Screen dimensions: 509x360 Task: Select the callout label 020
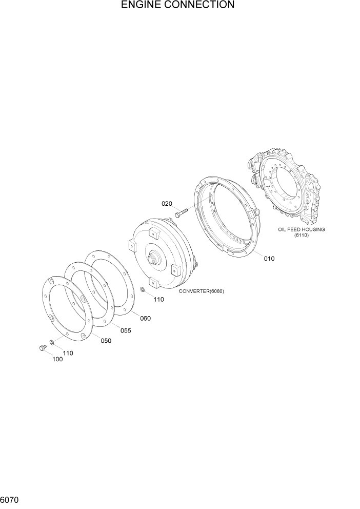pos(167,204)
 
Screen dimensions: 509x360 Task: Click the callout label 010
pos(269,259)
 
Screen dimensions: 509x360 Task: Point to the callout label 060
pos(145,318)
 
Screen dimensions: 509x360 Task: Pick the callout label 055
pos(126,330)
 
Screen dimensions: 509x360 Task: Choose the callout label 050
pos(106,341)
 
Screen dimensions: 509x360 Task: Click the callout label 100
pos(57,359)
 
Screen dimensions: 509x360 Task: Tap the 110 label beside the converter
pos(158,300)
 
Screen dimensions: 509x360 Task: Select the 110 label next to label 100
pos(68,353)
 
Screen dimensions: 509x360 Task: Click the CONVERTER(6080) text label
pos(202,291)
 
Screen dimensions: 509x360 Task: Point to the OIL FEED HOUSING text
pos(301,229)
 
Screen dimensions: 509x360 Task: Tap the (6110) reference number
pos(301,236)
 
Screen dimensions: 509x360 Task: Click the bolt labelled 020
pos(181,211)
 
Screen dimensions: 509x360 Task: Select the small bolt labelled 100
pos(42,348)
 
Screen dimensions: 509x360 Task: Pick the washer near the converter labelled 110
pos(142,291)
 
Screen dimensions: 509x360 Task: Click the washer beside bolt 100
pos(51,343)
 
